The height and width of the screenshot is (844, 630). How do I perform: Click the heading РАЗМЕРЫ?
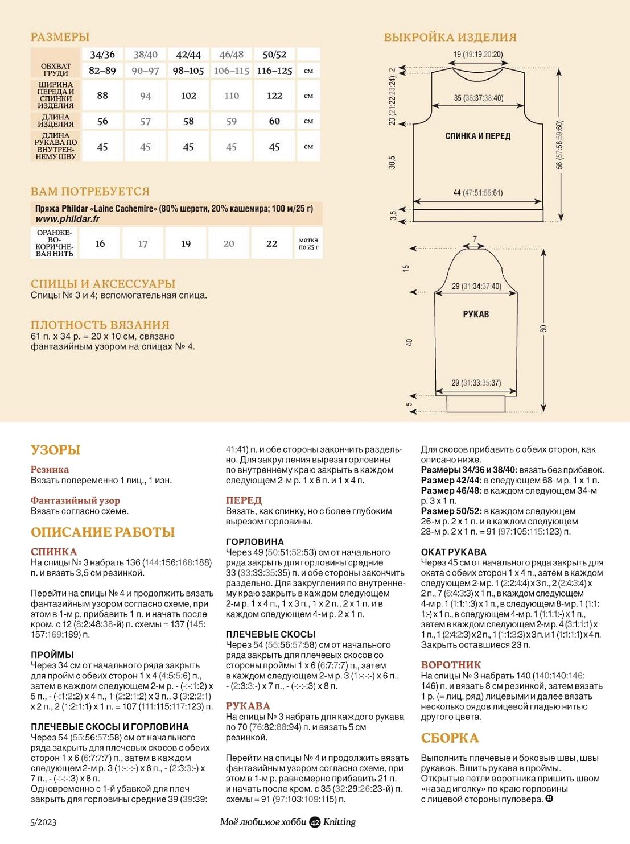tap(60, 37)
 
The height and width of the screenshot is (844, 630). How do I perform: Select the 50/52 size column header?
tap(274, 55)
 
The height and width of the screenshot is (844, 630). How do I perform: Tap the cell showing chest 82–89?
tap(102, 71)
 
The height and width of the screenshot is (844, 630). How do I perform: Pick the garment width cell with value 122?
tap(274, 96)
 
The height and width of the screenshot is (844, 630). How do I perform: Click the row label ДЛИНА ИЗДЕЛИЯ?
tap(56, 121)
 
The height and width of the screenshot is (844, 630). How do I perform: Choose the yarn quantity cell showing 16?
tap(100, 243)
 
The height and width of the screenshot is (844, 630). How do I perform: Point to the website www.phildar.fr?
tap(67, 219)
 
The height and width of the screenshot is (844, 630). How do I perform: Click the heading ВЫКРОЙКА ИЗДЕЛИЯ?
tap(450, 38)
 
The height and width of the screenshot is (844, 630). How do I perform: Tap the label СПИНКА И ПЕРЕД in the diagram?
tap(477, 136)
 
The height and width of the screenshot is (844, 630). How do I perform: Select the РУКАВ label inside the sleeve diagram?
tap(476, 314)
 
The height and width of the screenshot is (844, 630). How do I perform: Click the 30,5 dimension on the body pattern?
tap(392, 162)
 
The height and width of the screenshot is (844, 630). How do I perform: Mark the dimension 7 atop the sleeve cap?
tap(475, 239)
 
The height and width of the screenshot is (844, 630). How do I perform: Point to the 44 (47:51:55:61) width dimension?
tap(477, 193)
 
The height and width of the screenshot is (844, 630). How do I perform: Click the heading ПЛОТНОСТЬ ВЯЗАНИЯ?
tap(100, 325)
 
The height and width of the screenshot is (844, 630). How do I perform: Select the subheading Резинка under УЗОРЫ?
tap(50, 470)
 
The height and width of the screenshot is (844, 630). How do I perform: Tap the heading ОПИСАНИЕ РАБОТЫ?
tap(102, 532)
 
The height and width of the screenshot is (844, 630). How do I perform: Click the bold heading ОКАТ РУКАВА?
tap(454, 552)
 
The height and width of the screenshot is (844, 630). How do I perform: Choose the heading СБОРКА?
tap(450, 738)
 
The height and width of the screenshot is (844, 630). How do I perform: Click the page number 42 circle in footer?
tap(315, 822)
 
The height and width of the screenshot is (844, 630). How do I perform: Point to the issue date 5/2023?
tap(44, 822)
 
